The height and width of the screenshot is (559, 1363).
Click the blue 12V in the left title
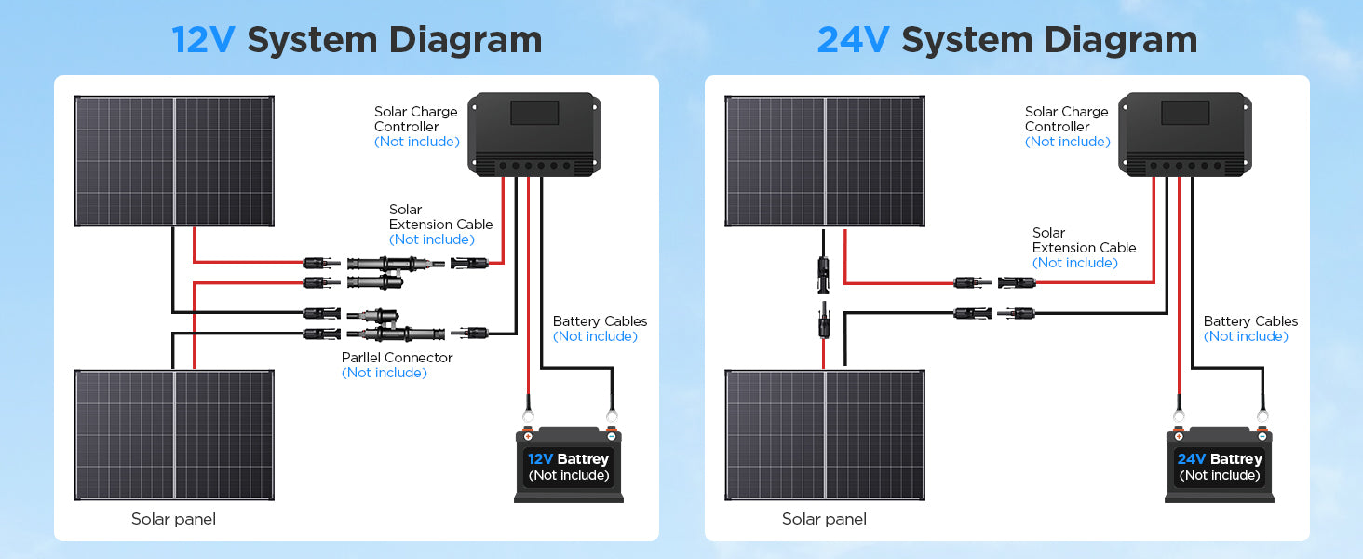tap(203, 40)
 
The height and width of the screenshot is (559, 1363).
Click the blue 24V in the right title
tap(853, 40)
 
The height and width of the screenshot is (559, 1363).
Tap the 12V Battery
tap(569, 466)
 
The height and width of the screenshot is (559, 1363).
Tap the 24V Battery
tap(1220, 466)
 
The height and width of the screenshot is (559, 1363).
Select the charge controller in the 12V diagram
tap(534, 134)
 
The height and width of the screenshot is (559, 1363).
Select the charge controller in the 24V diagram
tap(1185, 134)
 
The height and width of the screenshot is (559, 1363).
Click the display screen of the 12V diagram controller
tap(534, 114)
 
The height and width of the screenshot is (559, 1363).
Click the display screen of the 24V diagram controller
tap(1185, 114)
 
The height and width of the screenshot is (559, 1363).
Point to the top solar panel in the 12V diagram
tap(174, 160)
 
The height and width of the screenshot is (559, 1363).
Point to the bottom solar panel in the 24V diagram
tap(825, 435)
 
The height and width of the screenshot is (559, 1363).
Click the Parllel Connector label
tap(397, 358)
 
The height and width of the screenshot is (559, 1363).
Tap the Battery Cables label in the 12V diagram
tap(600, 321)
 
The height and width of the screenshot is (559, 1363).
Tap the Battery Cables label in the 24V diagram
tap(1250, 321)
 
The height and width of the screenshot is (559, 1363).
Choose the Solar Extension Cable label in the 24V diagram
tap(1084, 240)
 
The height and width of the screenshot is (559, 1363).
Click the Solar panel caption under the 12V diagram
tap(173, 519)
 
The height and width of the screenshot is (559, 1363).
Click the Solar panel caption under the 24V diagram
tap(824, 519)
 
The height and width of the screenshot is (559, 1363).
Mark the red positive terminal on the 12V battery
tap(528, 435)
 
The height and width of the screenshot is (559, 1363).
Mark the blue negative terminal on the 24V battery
tap(1262, 435)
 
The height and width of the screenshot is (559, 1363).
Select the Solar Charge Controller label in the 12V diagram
tap(415, 119)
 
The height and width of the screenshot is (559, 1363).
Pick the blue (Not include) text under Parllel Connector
tap(384, 373)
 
